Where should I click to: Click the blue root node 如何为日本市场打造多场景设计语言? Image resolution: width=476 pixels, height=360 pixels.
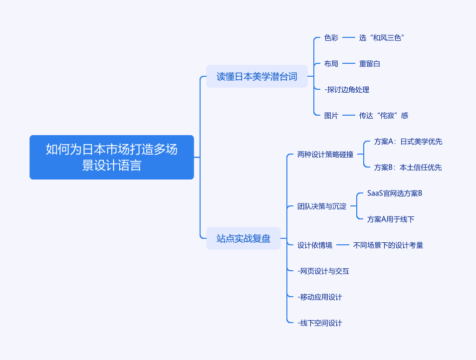[112, 157]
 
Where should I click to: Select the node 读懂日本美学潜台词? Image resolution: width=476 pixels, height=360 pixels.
[257, 76]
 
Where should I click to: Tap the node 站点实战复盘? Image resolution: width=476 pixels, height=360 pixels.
[243, 238]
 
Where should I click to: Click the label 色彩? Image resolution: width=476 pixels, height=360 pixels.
[331, 38]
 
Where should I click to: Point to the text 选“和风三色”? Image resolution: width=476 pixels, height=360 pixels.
[381, 38]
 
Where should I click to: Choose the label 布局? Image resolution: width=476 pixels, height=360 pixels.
[331, 64]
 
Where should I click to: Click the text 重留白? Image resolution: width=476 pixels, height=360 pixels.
[370, 64]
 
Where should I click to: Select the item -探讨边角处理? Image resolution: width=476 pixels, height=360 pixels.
[347, 90]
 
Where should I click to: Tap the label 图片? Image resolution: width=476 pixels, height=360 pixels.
[331, 116]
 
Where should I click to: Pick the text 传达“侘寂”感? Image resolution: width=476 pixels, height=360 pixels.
[383, 116]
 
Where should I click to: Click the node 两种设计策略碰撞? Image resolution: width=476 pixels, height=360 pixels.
[325, 155]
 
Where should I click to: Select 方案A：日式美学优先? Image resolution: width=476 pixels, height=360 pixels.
[408, 142]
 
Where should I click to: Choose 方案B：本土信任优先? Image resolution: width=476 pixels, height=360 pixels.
[408, 168]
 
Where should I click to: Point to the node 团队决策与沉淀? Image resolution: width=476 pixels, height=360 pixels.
[322, 206]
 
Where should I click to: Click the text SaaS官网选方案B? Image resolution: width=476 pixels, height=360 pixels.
[395, 193]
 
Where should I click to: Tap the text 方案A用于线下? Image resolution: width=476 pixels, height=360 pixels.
[391, 219]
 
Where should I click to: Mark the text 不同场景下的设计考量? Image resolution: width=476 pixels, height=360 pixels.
[388, 245]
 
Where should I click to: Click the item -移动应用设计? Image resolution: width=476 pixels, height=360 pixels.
[320, 297]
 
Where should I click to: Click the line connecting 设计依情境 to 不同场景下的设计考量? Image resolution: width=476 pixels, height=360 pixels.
[342, 245]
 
